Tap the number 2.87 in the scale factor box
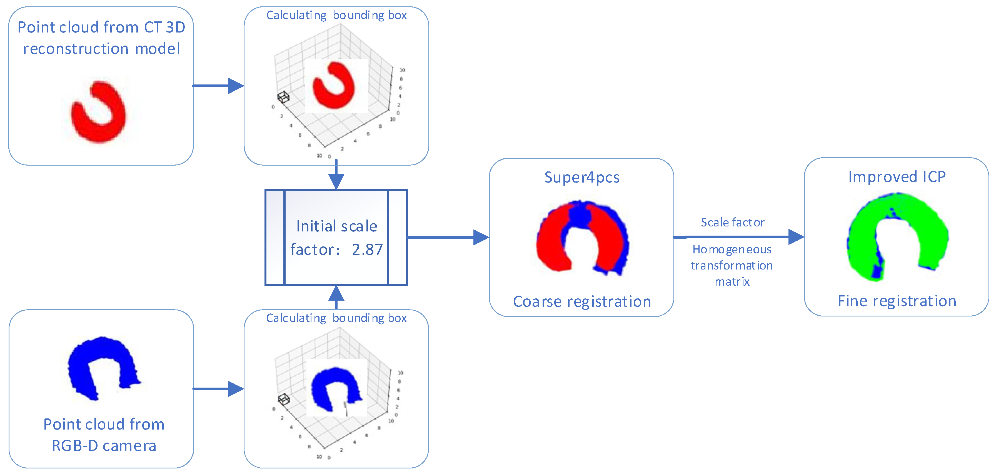pos(367,250)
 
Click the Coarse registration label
pos(582,301)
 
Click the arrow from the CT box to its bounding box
pos(218,86)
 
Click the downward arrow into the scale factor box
pos(336,174)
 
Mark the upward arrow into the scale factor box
pos(336,297)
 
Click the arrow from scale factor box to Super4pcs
pos(448,237)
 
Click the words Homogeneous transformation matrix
pos(732,266)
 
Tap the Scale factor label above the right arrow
pos(733,222)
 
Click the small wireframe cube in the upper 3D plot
pos(283,97)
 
